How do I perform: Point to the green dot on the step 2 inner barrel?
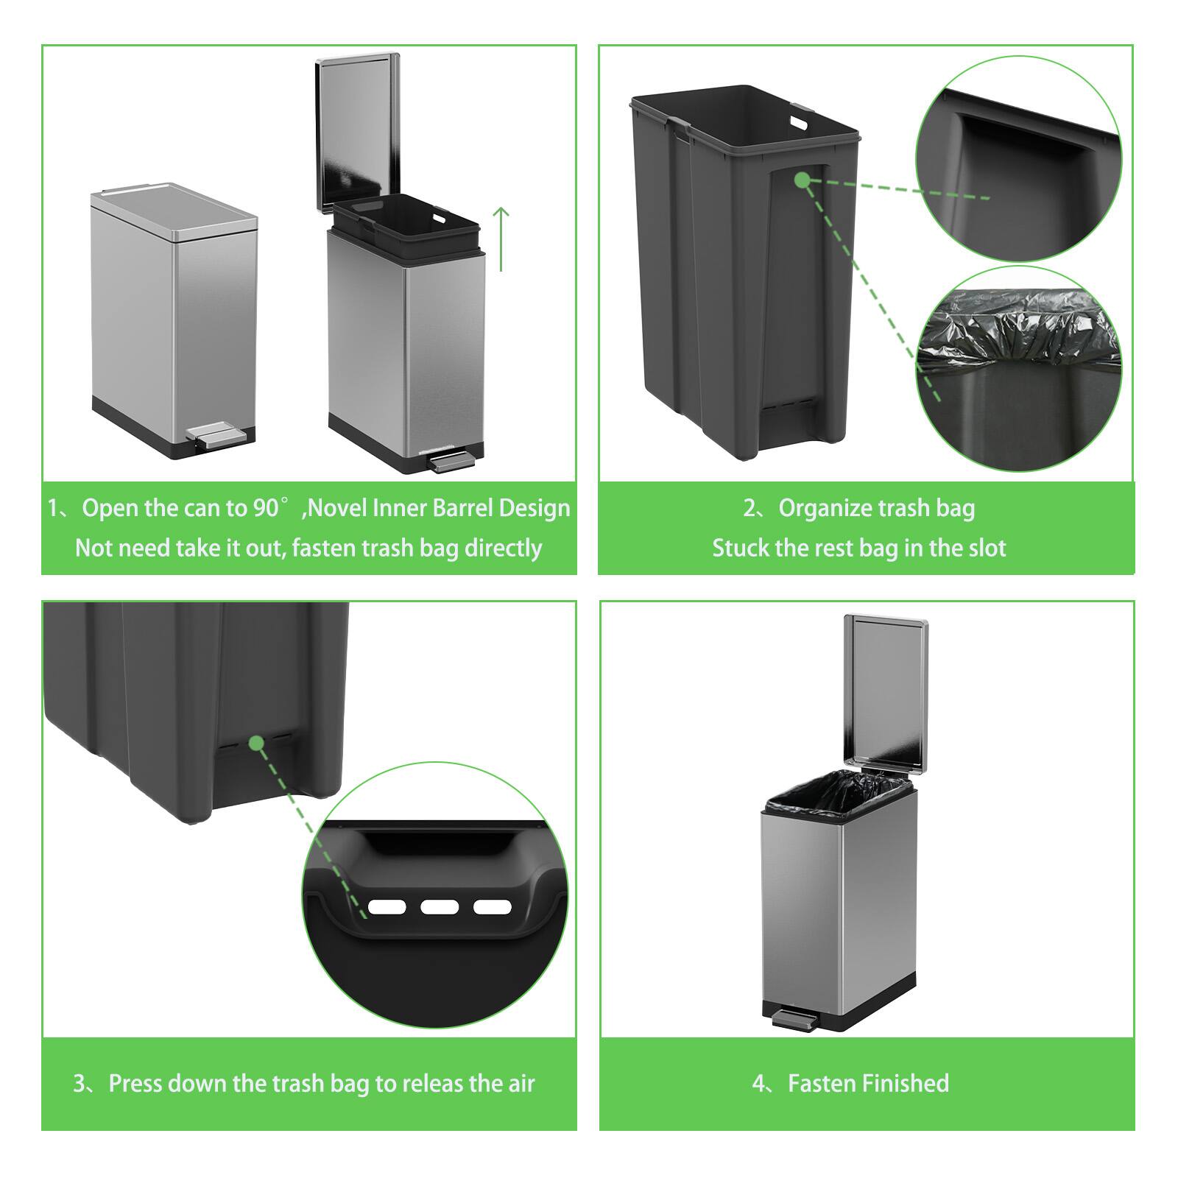point(802,180)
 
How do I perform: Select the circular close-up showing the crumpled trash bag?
point(1018,368)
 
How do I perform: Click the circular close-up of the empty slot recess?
point(1018,158)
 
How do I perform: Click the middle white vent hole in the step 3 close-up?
point(440,906)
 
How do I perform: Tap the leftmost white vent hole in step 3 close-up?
point(387,906)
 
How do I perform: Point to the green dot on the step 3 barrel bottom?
point(256,743)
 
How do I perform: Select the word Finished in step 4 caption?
point(905,1084)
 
